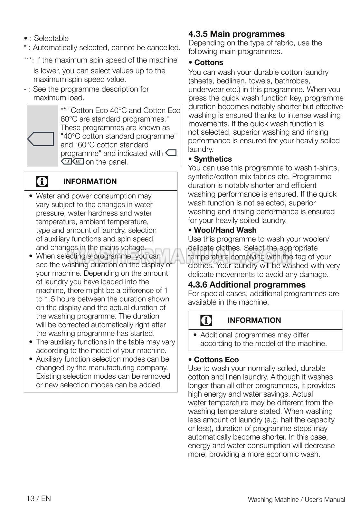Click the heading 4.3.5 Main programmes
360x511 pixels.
click(236, 34)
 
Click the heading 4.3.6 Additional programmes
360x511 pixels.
click(247, 285)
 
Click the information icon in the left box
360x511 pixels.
click(42, 182)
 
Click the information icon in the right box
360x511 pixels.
click(206, 320)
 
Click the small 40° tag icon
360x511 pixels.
click(67, 162)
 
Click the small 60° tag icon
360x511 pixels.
click(78, 162)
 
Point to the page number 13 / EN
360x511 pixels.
click(39, 498)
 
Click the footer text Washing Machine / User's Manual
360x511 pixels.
click(296, 500)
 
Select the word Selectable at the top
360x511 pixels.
click(51, 38)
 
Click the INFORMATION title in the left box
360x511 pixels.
click(90, 182)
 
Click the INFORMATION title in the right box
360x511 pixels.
click(254, 320)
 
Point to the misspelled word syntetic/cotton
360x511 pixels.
click(211, 177)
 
